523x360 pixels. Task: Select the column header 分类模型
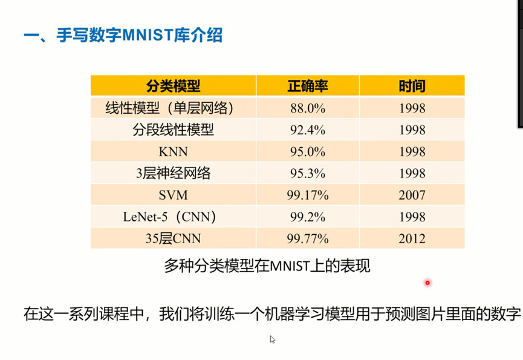pos(173,86)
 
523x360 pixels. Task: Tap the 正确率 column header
pos(308,86)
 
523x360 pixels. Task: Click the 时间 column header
pos(412,86)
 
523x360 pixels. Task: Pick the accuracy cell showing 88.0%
pos(308,108)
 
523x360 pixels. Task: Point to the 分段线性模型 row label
pos(173,130)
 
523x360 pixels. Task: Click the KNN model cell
pos(173,152)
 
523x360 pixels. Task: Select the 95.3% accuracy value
pos(308,174)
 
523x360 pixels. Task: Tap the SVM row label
pos(173,195)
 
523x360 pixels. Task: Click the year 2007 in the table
pos(412,195)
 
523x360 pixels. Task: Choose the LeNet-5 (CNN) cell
pos(169,217)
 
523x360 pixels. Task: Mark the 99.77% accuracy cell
pos(308,238)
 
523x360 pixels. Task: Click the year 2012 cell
pos(412,238)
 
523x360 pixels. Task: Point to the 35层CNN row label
pos(173,238)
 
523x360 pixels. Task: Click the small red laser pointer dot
pos(427,283)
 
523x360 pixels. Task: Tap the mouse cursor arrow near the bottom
pos(272,339)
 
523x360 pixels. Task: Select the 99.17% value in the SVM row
pos(308,195)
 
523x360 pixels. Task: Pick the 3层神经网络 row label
pos(173,174)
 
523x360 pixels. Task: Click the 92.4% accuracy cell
pos(308,130)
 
